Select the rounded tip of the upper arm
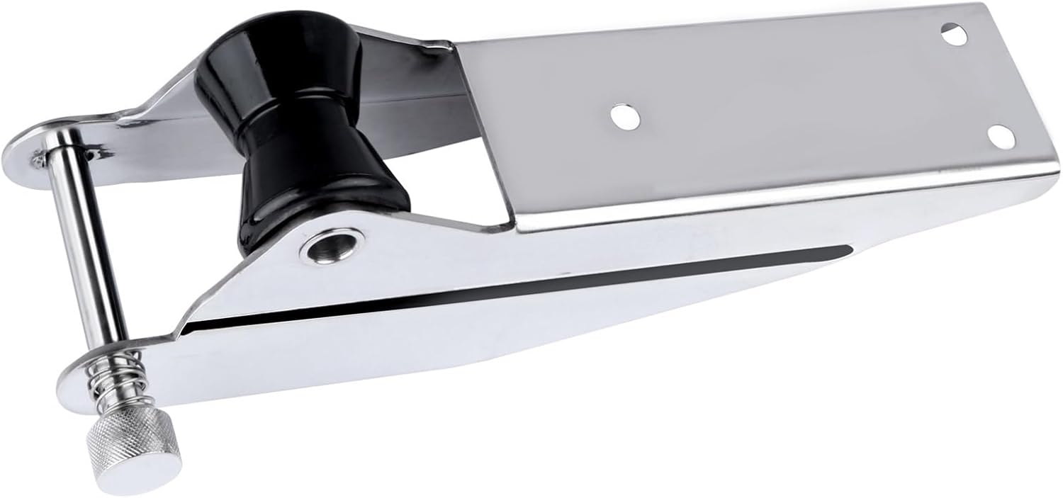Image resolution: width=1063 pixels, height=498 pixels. pyautogui.click(x=21, y=149)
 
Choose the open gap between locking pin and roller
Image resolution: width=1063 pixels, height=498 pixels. pyautogui.click(x=170, y=213)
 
